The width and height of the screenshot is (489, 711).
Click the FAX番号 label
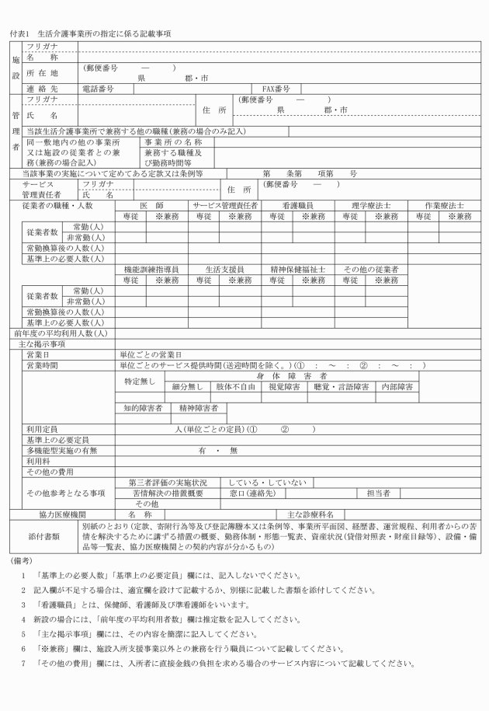point(276,89)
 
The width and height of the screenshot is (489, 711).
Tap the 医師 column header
point(152,205)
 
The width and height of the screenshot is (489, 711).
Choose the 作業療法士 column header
point(445,205)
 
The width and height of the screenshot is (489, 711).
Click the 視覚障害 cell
point(284,386)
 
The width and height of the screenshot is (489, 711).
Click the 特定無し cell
point(140,382)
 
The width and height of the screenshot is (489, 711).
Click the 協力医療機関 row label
point(61,514)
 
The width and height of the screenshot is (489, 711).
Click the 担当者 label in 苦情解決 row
point(388,493)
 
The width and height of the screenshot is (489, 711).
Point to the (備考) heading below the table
point(21,559)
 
